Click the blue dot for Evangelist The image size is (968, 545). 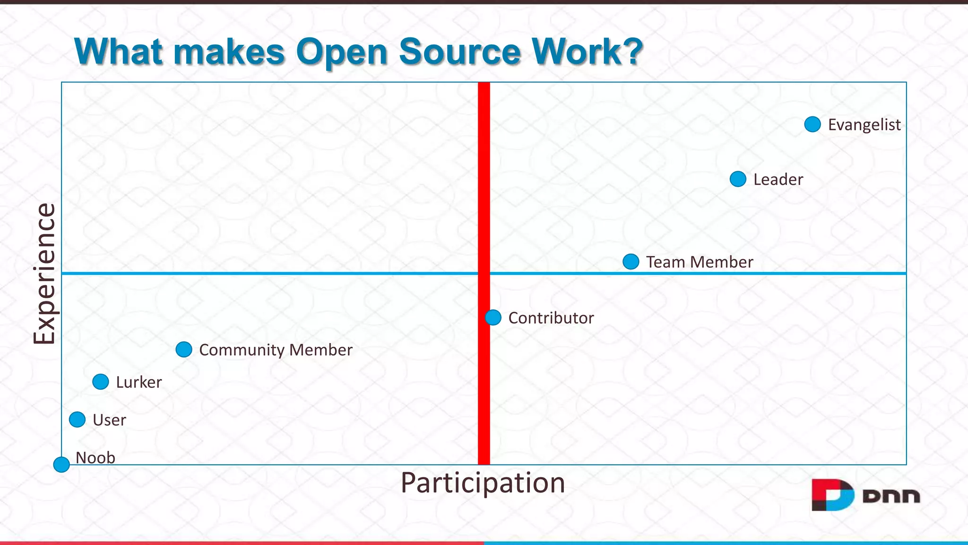click(x=812, y=124)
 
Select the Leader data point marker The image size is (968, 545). click(x=738, y=179)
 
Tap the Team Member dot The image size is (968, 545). click(x=631, y=262)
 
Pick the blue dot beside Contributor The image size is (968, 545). click(x=493, y=317)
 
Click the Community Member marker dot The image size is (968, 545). click(x=184, y=350)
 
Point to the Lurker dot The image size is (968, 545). click(x=101, y=382)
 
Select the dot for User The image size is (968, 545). click(x=78, y=420)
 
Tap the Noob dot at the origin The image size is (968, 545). click(x=61, y=465)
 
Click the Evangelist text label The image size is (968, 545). click(x=864, y=125)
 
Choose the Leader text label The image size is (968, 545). click(x=778, y=180)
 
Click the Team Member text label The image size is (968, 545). click(x=700, y=262)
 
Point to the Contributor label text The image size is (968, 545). click(x=551, y=318)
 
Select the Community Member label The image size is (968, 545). click(x=276, y=350)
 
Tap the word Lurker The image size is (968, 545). click(x=139, y=382)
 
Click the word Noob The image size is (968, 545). click(x=95, y=457)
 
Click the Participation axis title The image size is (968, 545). click(x=483, y=483)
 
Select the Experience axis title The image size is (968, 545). click(x=44, y=273)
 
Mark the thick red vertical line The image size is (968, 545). click(x=484, y=189)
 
